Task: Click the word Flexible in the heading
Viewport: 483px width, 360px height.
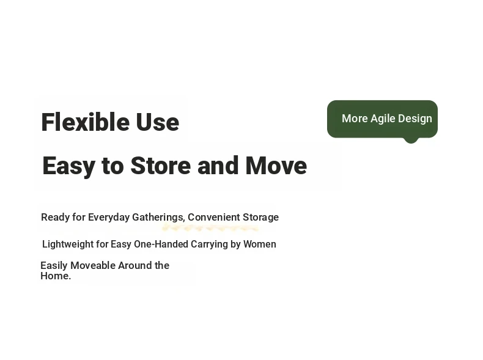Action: pyautogui.click(x=85, y=122)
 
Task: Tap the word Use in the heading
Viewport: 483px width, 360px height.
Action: pyautogui.click(x=157, y=122)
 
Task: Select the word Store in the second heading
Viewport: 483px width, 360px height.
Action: pyautogui.click(x=161, y=166)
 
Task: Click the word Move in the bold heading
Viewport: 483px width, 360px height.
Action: pyautogui.click(x=276, y=166)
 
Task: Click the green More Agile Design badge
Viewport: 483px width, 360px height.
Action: pyautogui.click(x=382, y=119)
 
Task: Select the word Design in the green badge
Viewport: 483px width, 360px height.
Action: pyautogui.click(x=415, y=119)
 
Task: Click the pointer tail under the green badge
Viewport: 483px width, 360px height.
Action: pyautogui.click(x=411, y=141)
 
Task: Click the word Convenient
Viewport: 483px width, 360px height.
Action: pyautogui.click(x=214, y=217)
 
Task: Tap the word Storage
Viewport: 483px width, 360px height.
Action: pyautogui.click(x=260, y=218)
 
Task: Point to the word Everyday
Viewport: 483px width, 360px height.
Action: pyautogui.click(x=109, y=218)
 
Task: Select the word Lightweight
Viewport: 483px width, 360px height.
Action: pyautogui.click(x=68, y=244)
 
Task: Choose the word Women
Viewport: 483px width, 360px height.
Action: pyautogui.click(x=260, y=244)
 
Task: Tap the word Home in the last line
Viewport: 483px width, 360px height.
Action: pyautogui.click(x=54, y=276)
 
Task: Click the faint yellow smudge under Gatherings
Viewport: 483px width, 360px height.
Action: pyautogui.click(x=210, y=228)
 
